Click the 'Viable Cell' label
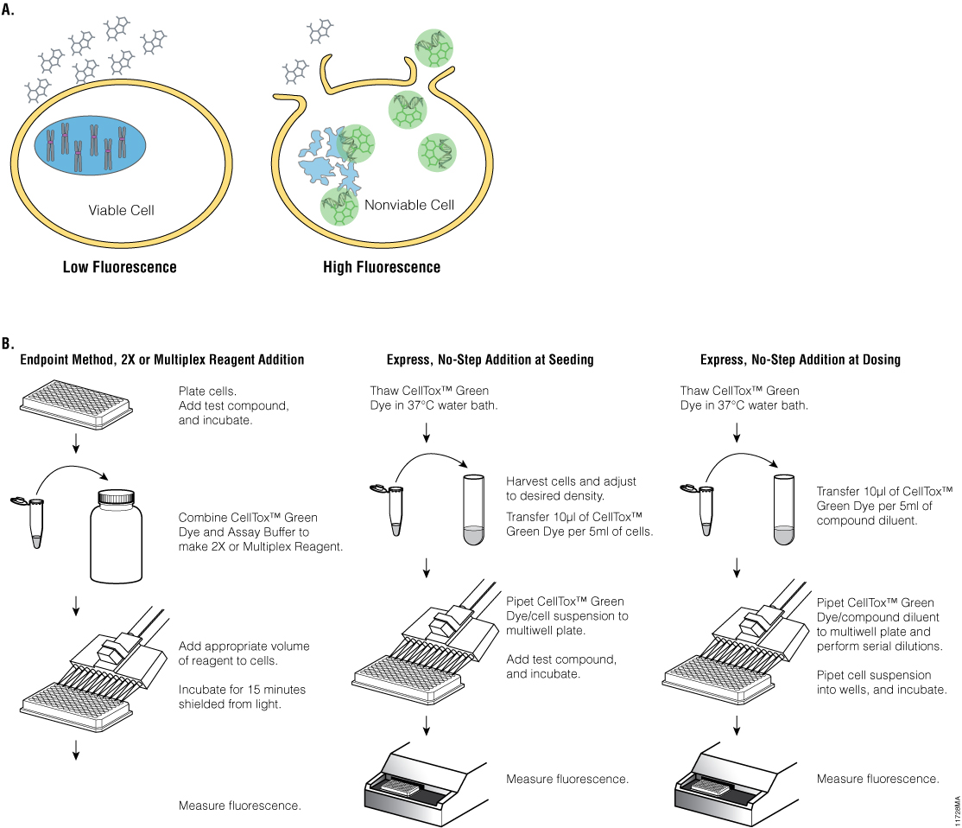click(x=121, y=210)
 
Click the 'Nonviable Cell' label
click(x=408, y=206)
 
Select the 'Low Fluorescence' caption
click(x=119, y=267)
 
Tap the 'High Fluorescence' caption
click(x=381, y=267)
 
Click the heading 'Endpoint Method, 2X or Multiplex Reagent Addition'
click(x=162, y=360)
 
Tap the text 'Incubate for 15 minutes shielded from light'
click(x=242, y=697)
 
